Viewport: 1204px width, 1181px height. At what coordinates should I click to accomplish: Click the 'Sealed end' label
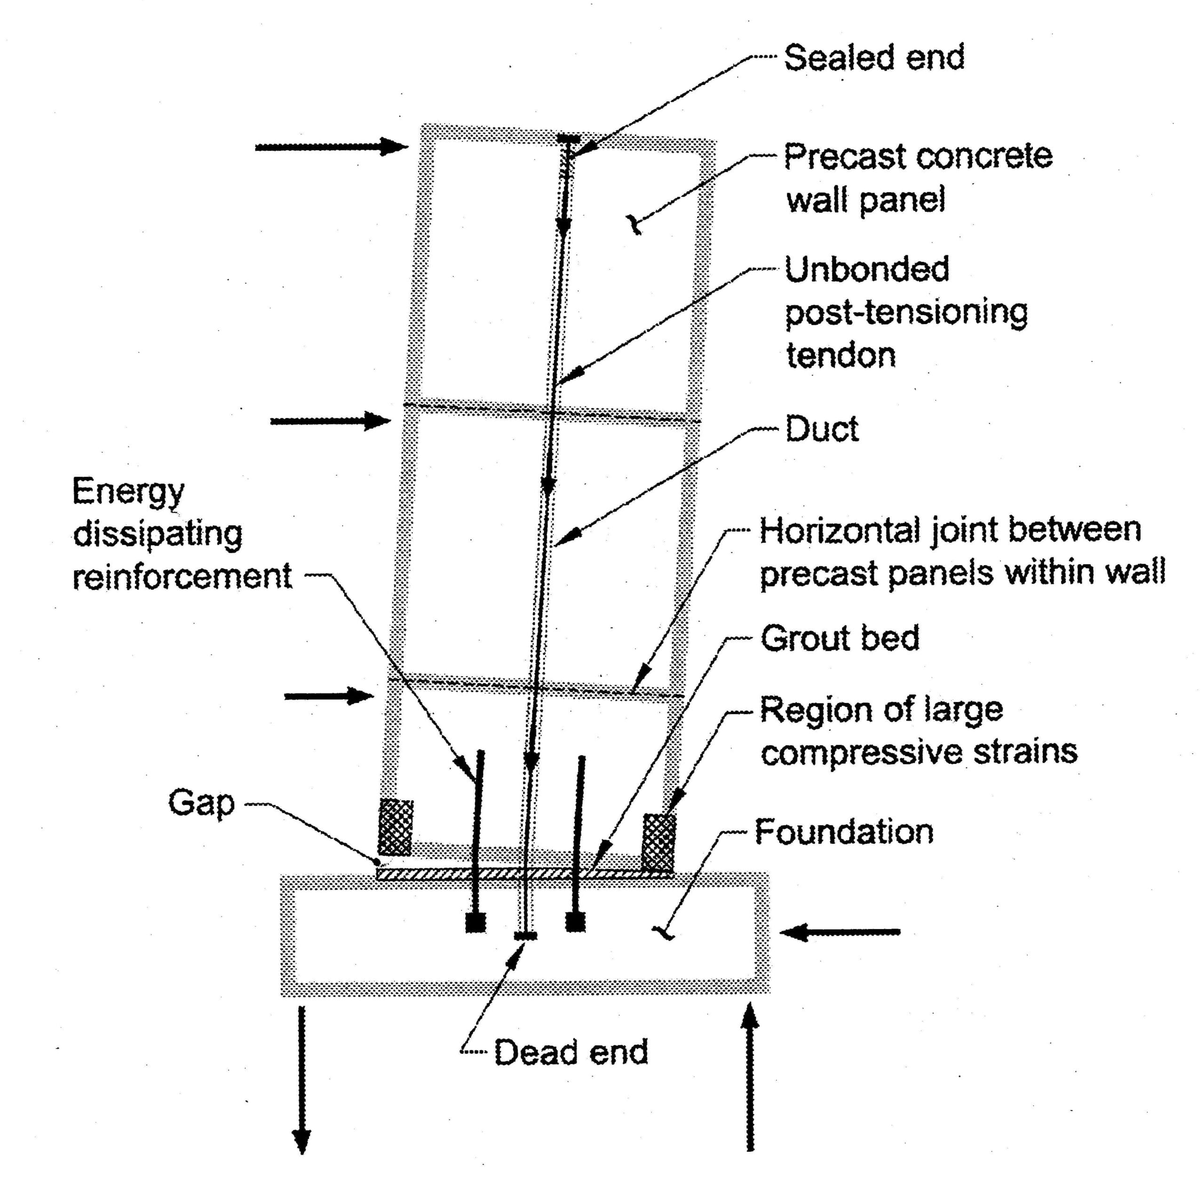tap(874, 58)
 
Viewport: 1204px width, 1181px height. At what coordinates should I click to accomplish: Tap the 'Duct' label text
tap(822, 429)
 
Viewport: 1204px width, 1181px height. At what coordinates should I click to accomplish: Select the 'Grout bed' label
tap(840, 638)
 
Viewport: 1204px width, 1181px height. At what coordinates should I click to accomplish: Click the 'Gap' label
tap(201, 803)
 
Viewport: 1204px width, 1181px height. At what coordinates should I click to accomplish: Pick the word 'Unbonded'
tap(867, 269)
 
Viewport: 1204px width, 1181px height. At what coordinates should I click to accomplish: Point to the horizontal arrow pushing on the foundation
tap(840, 932)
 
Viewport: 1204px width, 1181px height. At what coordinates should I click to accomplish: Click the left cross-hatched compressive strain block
tap(396, 827)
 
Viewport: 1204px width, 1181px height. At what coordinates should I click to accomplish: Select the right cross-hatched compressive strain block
tap(658, 842)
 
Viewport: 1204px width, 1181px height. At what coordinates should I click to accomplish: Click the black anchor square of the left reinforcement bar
tap(475, 922)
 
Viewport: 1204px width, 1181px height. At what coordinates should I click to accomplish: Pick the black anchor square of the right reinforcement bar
tap(575, 922)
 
